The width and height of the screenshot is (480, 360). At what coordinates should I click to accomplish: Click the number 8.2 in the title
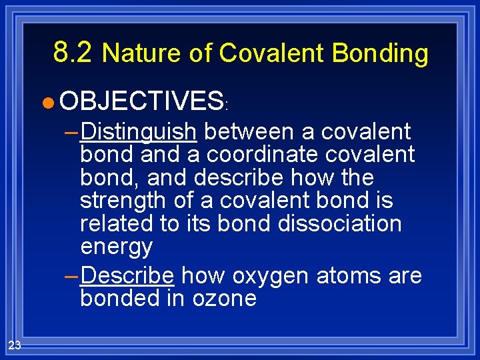click(74, 52)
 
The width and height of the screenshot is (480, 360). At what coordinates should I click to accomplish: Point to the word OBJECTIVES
click(141, 101)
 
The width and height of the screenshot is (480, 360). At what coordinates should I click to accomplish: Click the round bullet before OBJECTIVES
click(46, 103)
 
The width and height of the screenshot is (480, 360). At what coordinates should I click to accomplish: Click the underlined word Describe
click(127, 275)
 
